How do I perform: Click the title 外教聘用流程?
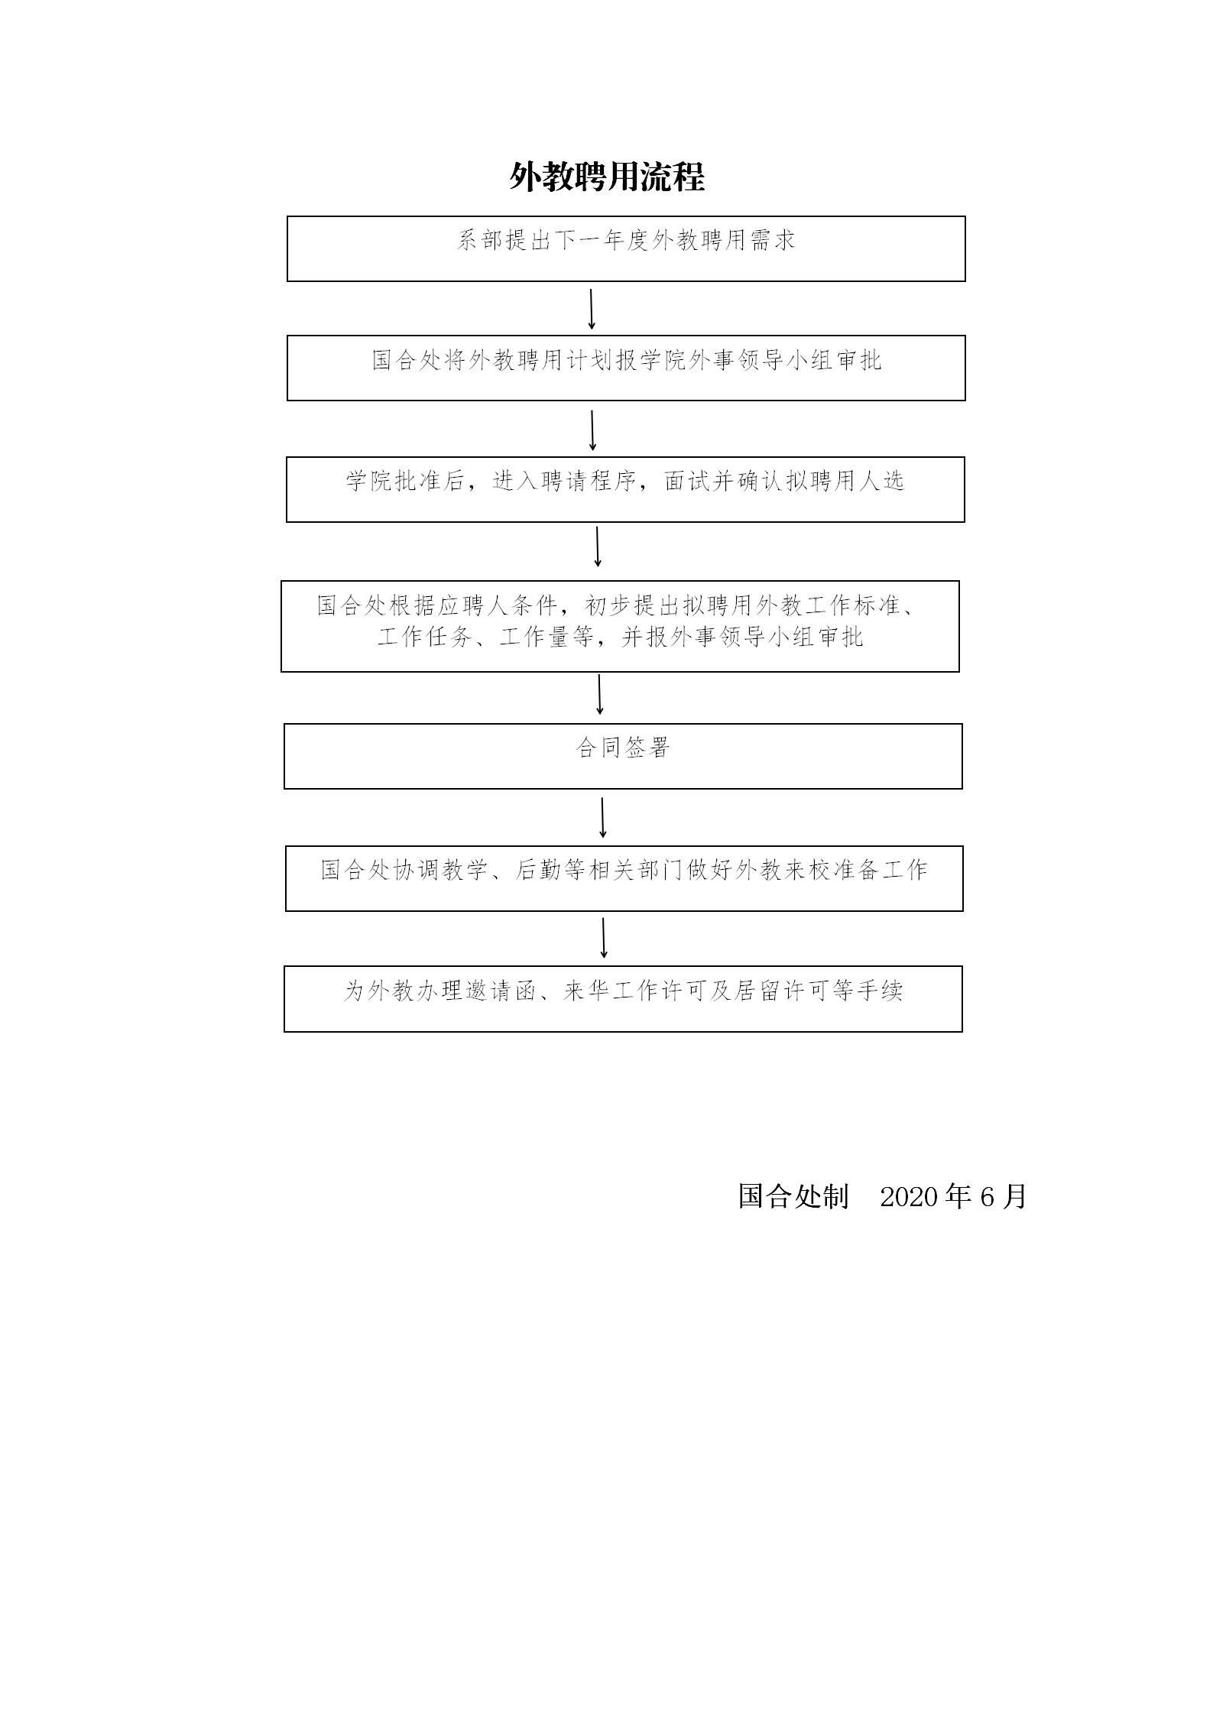pos(607,177)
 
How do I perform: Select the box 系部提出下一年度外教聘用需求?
pos(626,248)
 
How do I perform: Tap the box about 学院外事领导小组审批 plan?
pos(626,368)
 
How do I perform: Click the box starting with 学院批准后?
pos(625,490)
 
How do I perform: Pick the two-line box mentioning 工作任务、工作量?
pos(620,626)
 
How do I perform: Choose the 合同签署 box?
pos(623,756)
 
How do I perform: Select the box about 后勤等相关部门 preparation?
pos(624,878)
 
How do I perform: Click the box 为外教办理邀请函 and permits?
pos(623,999)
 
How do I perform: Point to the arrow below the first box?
pos(591,309)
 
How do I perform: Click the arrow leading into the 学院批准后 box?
pos(592,430)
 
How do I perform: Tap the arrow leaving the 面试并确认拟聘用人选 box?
pos(598,547)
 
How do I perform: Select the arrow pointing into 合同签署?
pos(600,695)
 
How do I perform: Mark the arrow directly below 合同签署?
pos(603,818)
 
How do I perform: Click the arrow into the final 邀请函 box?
pos(604,938)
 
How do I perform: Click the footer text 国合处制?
pos(793,1196)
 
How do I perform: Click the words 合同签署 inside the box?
pos(622,747)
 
